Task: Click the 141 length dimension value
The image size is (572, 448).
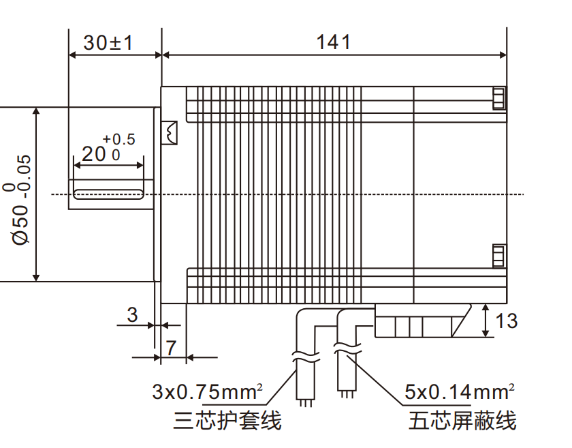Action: [333, 42]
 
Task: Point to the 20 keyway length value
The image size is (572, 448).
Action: [94, 154]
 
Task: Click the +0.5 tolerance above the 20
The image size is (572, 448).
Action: [118, 140]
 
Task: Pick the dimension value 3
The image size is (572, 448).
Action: [133, 315]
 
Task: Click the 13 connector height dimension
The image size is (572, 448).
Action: [507, 320]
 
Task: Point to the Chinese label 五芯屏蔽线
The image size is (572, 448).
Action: [462, 421]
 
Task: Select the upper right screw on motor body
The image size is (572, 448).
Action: [499, 98]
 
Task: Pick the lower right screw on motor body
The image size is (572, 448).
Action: [499, 256]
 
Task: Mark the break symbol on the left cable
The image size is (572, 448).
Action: [306, 355]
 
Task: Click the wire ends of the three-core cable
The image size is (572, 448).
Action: [306, 401]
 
